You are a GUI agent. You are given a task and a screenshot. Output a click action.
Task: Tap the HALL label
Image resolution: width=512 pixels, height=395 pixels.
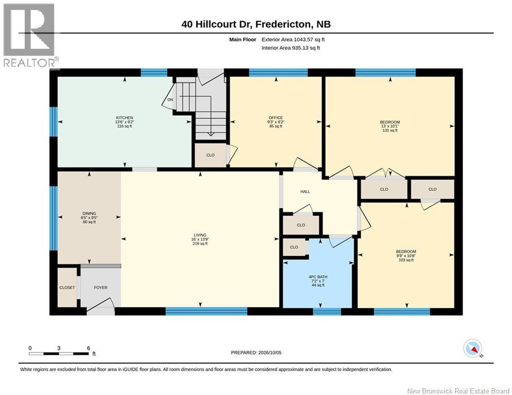[x=305, y=192]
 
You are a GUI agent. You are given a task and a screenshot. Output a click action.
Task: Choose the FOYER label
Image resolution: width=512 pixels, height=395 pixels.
[x=100, y=288]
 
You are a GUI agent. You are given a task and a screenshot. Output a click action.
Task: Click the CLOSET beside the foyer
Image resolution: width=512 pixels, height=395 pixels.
[x=67, y=288]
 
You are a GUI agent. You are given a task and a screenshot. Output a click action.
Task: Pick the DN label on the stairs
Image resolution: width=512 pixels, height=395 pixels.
[x=170, y=100]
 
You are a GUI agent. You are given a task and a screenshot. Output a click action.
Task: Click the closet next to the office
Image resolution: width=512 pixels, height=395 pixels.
[x=210, y=155]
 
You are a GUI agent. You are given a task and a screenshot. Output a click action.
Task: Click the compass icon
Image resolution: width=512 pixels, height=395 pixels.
[x=473, y=348]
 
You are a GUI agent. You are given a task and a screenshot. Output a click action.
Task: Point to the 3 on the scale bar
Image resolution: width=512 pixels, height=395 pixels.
[x=59, y=348]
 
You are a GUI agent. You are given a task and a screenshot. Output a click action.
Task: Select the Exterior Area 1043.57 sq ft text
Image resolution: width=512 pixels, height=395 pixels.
[x=293, y=40]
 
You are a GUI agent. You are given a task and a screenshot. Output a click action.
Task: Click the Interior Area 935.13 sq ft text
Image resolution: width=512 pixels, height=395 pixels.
[x=291, y=48]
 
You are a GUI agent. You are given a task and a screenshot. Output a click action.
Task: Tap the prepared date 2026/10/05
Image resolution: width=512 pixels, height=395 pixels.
[x=270, y=352]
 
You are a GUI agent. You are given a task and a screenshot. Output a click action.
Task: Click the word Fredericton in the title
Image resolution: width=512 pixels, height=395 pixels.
[x=283, y=24]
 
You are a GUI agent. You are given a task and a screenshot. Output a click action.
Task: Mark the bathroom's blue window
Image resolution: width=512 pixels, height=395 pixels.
[x=327, y=312]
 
